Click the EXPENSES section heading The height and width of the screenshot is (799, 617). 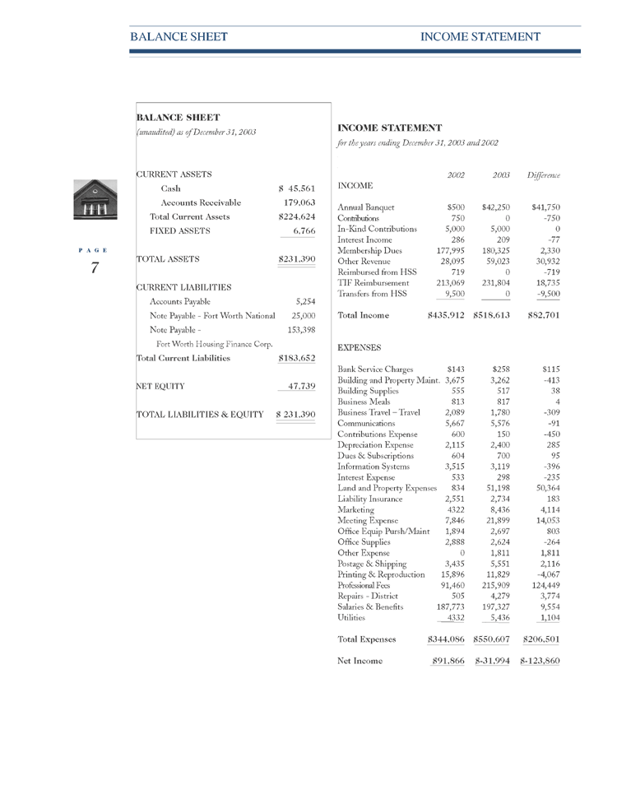point(361,348)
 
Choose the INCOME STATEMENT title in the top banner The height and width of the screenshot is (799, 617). point(480,37)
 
